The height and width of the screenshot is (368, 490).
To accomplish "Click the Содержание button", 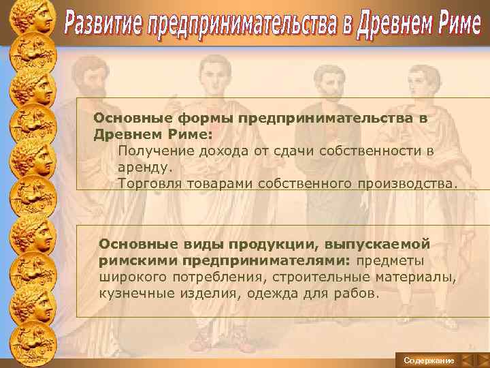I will (428, 359).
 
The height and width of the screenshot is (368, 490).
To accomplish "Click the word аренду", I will (145, 166).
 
